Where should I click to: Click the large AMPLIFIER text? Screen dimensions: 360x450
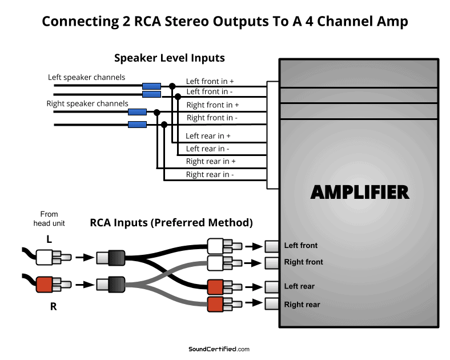pyautogui.click(x=359, y=192)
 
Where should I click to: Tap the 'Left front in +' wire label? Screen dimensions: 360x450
pyautogui.click(x=210, y=82)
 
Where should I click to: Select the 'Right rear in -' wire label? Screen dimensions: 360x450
pyautogui.click(x=210, y=175)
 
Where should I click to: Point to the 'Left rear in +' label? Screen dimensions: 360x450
pyautogui.click(x=208, y=136)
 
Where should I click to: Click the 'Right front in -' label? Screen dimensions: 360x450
pyautogui.click(x=212, y=118)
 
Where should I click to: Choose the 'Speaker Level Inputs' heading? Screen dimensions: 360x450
pyautogui.click(x=170, y=58)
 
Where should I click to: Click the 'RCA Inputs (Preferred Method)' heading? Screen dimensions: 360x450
pyautogui.click(x=171, y=222)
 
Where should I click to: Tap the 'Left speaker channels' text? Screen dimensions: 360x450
pyautogui.click(x=86, y=77)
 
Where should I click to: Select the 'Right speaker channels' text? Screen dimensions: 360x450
pyautogui.click(x=87, y=103)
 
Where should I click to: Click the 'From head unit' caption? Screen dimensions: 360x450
pyautogui.click(x=49, y=219)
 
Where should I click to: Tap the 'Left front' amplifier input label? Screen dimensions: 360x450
pyautogui.click(x=300, y=246)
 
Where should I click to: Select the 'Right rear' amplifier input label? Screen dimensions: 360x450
pyautogui.click(x=302, y=305)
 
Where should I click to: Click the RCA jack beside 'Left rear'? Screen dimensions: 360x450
pyautogui.click(x=272, y=286)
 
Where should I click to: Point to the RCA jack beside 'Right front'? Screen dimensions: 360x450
pyautogui.click(x=272, y=263)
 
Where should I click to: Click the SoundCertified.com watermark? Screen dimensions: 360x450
pyautogui.click(x=219, y=349)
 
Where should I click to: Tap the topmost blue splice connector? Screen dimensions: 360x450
pyautogui.click(x=151, y=86)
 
